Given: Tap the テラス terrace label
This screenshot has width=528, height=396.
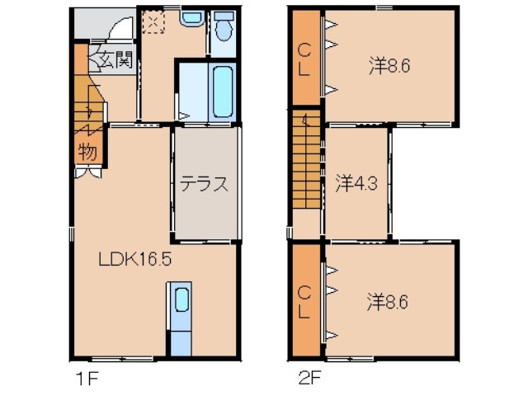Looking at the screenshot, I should [204, 183].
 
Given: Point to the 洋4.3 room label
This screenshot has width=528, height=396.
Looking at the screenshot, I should [356, 183].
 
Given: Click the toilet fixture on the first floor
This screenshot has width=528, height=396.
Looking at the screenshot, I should [222, 28].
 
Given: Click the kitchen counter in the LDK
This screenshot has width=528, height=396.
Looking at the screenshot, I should [180, 318].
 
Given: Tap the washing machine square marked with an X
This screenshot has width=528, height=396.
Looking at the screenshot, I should [154, 22].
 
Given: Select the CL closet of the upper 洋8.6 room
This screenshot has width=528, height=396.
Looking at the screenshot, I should [304, 58].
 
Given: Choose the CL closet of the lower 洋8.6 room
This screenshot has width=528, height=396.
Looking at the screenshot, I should [304, 301].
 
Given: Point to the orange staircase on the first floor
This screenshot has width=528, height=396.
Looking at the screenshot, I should [85, 111].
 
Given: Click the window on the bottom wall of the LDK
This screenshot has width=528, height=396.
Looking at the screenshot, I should [122, 359].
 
